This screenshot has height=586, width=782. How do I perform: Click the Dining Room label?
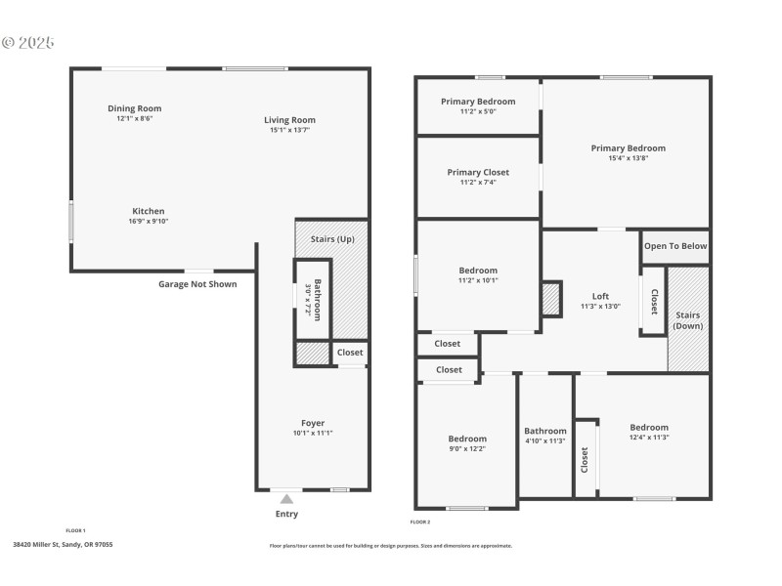pyautogui.click(x=134, y=108)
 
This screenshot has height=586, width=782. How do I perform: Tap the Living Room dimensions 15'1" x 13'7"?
pyautogui.click(x=289, y=130)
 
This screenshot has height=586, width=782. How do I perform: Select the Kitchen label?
pyautogui.click(x=149, y=211)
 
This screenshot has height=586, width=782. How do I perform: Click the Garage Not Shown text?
pyautogui.click(x=197, y=284)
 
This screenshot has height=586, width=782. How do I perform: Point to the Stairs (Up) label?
pyautogui.click(x=332, y=239)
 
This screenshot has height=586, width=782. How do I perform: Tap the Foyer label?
pyautogui.click(x=313, y=423)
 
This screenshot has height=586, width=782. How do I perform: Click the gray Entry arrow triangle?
pyautogui.click(x=286, y=499)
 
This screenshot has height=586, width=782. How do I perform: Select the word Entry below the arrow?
pyautogui.click(x=286, y=514)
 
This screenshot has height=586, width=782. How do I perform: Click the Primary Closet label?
pyautogui.click(x=478, y=172)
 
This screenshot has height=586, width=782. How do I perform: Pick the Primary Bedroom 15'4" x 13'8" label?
pyautogui.click(x=628, y=148)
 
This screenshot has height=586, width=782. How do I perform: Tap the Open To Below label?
pyautogui.click(x=674, y=246)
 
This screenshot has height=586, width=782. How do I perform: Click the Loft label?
pyautogui.click(x=601, y=297)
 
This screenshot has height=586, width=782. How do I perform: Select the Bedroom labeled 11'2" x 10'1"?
pyautogui.click(x=478, y=271)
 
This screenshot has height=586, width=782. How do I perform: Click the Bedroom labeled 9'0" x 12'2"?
pyautogui.click(x=466, y=439)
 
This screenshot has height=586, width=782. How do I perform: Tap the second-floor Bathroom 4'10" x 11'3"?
pyautogui.click(x=544, y=431)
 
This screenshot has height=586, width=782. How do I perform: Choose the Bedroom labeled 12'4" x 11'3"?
pyautogui.click(x=649, y=427)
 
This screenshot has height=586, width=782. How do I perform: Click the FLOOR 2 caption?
pyautogui.click(x=420, y=522)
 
